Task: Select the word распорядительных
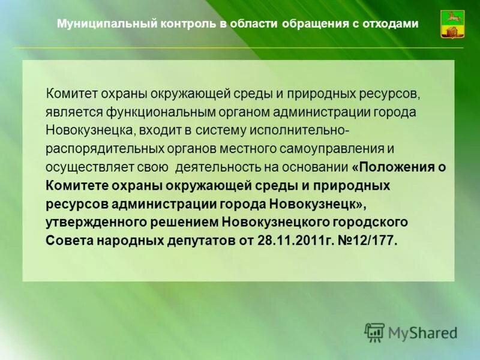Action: pyautogui.click(x=94, y=148)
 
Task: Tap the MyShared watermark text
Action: pyautogui.click(x=422, y=331)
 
